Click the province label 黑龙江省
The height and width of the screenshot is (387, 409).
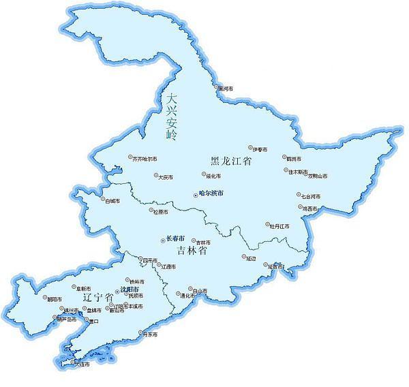tap(231, 161)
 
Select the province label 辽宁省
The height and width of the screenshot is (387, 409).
tap(97, 298)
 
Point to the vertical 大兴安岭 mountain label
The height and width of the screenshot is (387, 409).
tap(171, 117)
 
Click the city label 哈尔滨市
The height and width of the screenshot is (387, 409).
tap(210, 193)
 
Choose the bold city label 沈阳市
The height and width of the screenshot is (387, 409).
tap(130, 290)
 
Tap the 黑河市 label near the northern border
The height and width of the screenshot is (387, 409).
tap(226, 89)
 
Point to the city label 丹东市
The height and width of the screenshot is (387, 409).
tap(149, 335)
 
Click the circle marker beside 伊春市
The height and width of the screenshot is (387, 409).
tap(250, 148)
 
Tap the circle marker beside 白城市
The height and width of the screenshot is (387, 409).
tap(102, 200)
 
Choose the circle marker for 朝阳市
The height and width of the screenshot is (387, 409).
tap(44, 298)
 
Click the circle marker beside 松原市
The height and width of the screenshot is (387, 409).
tap(152, 211)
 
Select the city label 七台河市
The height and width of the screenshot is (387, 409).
tap(310, 196)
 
